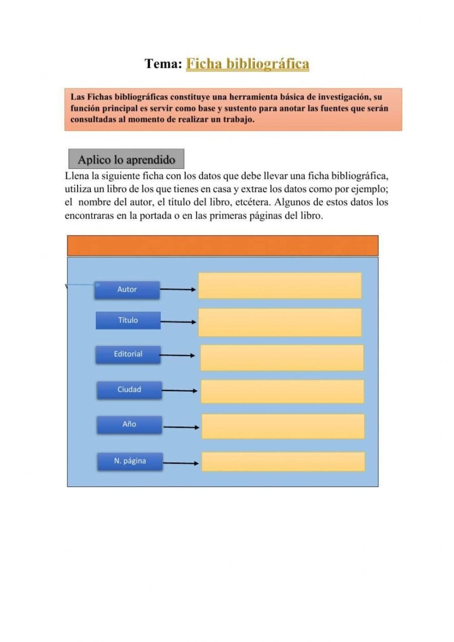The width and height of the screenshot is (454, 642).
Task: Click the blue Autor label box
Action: [127, 290]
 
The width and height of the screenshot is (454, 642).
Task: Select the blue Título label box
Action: [128, 320]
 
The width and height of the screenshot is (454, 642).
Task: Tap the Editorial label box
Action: [128, 354]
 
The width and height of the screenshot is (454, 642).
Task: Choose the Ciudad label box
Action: [130, 390]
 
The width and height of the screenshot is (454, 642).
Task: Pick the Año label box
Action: [130, 424]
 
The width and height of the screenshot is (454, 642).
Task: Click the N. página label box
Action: [130, 461]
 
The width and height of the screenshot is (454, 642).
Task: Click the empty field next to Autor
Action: [279, 286]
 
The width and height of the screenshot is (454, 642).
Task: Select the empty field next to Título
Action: [279, 323]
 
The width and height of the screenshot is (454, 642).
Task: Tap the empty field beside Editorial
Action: [281, 358]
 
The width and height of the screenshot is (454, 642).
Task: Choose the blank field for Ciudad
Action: [282, 392]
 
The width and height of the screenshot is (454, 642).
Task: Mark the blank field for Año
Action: [282, 426]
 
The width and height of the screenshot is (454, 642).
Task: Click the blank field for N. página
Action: [282, 462]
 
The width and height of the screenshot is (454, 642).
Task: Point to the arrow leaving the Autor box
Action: [178, 290]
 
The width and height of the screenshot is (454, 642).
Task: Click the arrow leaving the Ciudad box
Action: [180, 391]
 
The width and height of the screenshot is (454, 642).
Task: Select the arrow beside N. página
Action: [181, 463]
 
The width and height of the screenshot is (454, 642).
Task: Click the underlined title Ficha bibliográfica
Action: [247, 64]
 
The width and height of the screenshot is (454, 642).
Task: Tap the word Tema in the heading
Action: [162, 64]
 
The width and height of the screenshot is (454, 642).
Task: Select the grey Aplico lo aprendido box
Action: [126, 159]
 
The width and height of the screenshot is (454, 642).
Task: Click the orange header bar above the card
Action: [222, 245]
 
